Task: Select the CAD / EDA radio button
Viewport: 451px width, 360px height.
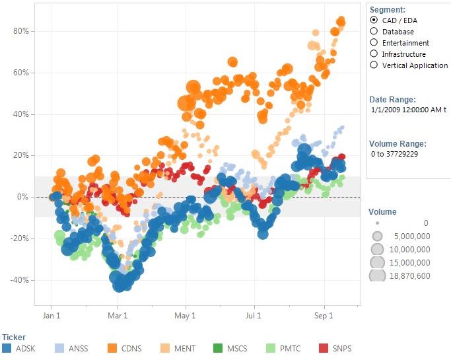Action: [x=374, y=20]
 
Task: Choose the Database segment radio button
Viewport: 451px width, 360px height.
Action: [x=374, y=31]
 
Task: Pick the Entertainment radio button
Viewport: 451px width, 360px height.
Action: [x=374, y=42]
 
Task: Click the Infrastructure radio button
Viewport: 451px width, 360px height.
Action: [x=374, y=54]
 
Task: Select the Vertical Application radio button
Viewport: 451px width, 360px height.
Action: [x=374, y=65]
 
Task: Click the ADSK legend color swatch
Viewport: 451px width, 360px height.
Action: [x=7, y=347]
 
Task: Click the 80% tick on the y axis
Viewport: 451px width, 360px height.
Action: [x=21, y=31]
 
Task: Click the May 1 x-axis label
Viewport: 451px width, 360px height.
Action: [x=186, y=316]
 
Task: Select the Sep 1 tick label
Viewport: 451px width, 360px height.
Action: [x=324, y=316]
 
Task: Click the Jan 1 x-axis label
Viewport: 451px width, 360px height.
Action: [x=52, y=316]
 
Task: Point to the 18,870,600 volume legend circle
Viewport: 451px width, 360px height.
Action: [x=377, y=275]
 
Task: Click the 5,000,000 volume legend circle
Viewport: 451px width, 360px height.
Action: [x=377, y=236]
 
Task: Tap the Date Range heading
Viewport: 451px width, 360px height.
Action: [x=392, y=99]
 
